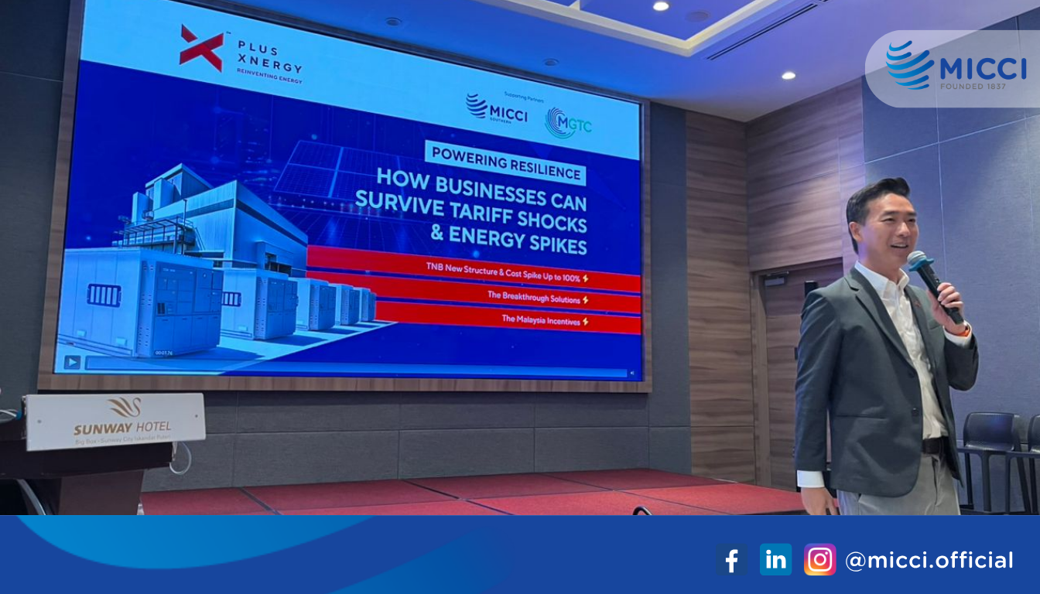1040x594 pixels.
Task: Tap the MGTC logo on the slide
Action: [x=569, y=123]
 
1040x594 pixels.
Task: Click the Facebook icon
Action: [x=731, y=559]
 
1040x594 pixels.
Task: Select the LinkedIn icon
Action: [x=775, y=559]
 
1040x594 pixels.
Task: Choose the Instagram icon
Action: [x=819, y=559]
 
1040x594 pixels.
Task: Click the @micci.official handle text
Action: [x=929, y=560]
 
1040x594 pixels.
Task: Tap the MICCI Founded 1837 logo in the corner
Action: [x=956, y=66]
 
